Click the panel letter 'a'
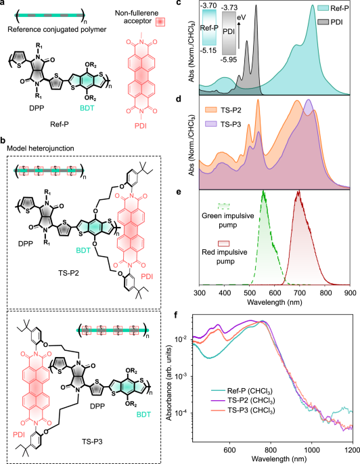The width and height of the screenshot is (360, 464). [x=4, y=5]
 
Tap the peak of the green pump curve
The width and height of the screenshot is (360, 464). [x=263, y=192]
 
